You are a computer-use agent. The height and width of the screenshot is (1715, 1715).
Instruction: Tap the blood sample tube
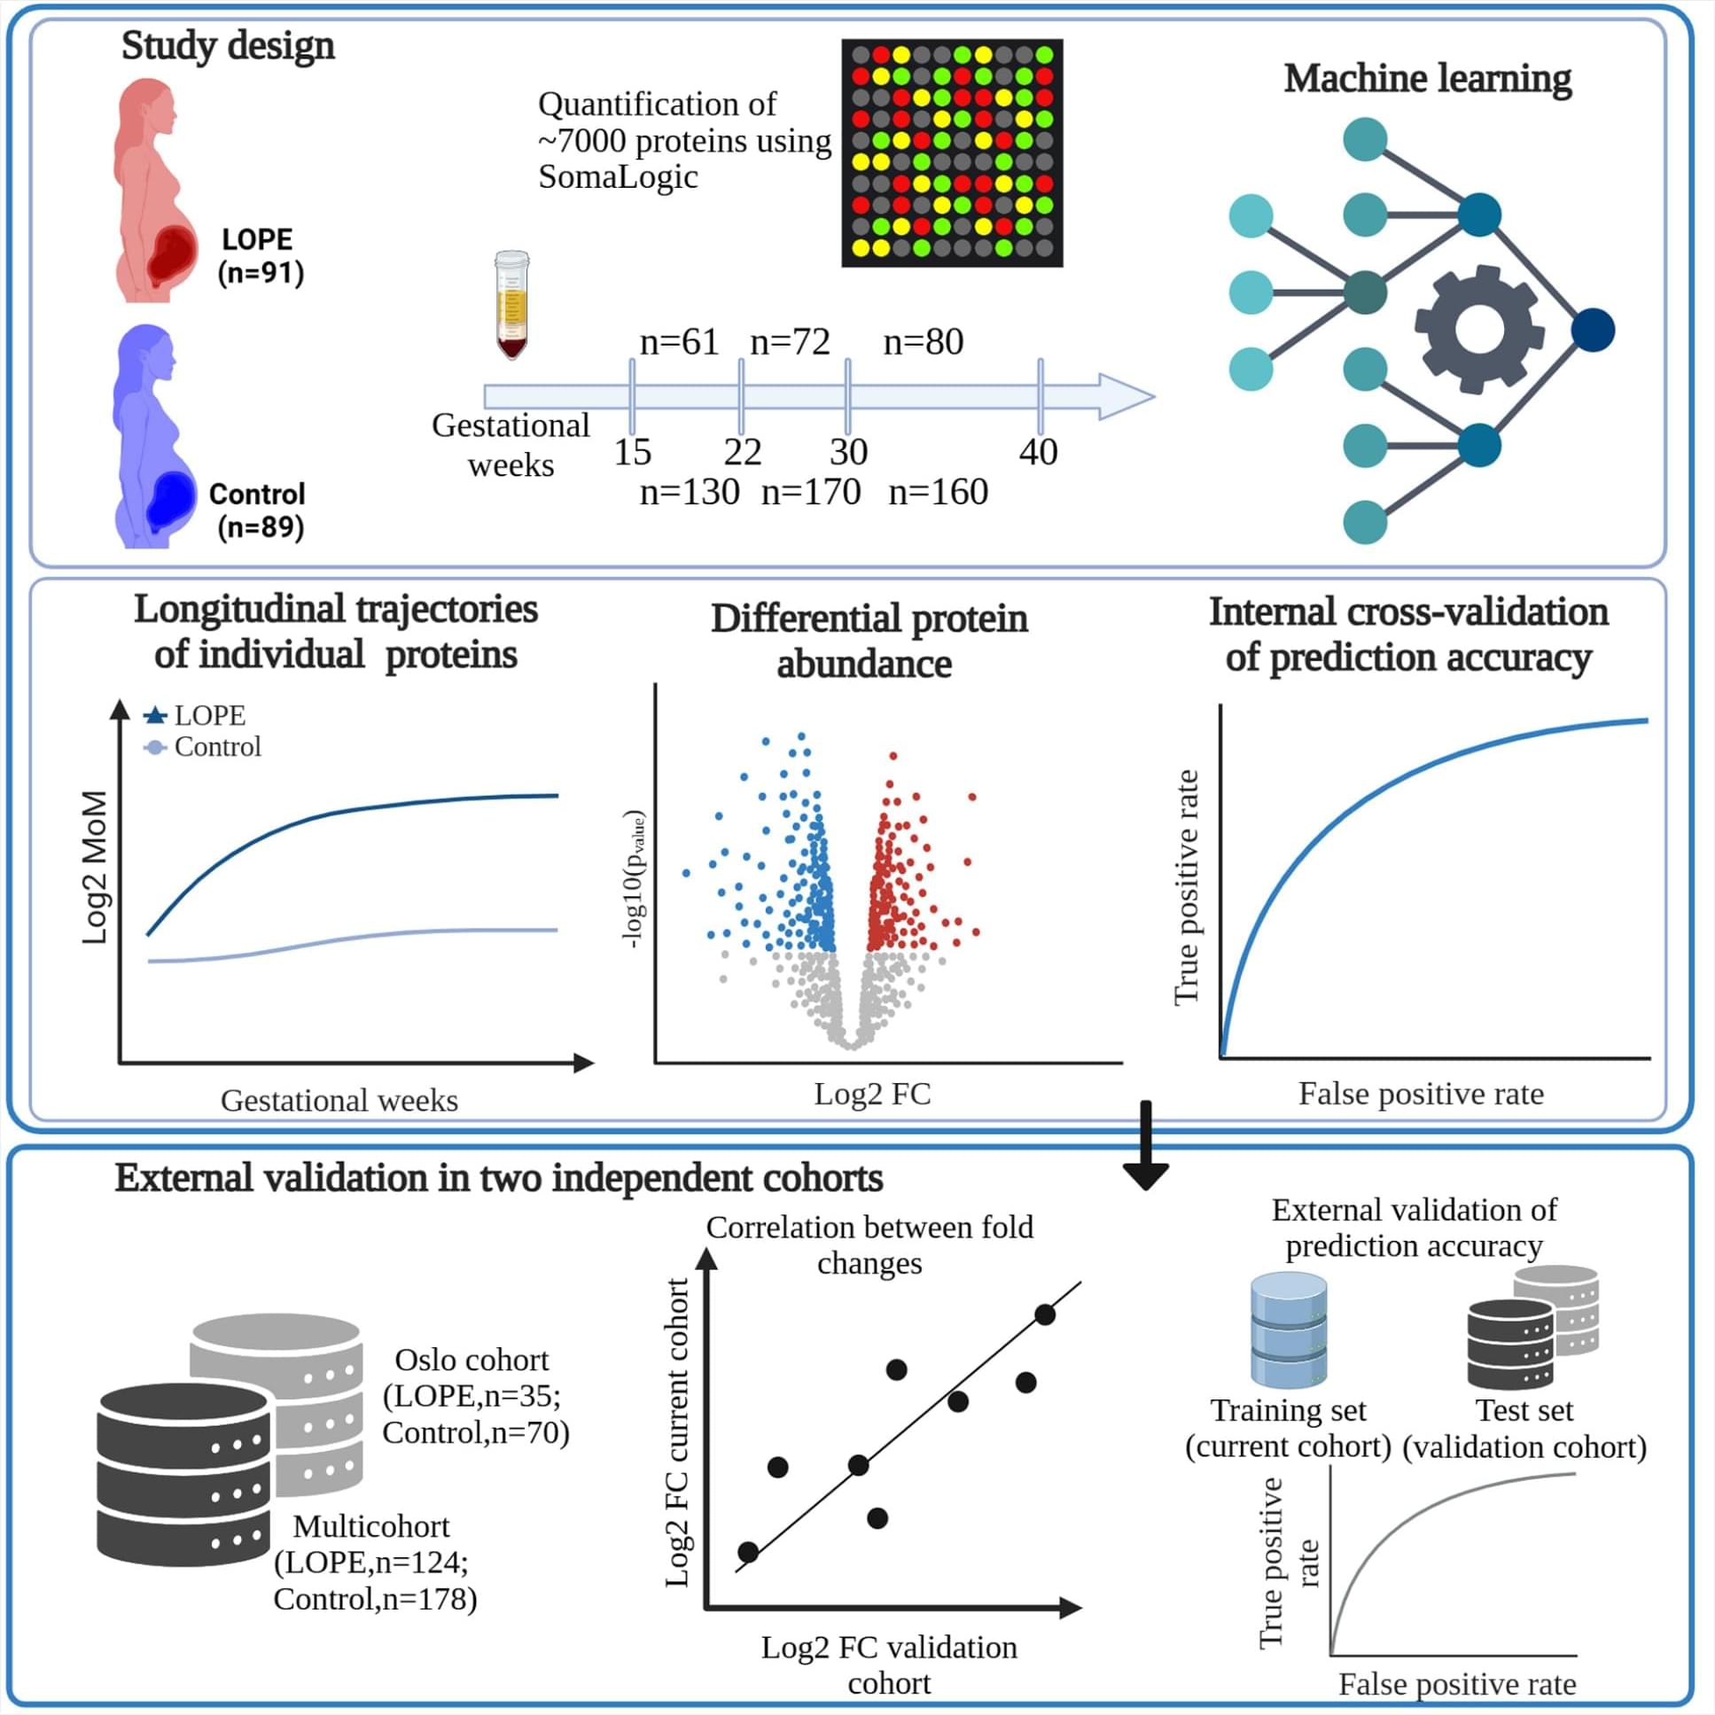coord(511,305)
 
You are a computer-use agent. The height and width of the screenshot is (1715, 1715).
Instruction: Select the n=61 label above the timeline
coord(679,342)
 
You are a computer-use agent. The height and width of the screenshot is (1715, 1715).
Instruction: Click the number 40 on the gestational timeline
coord(1038,452)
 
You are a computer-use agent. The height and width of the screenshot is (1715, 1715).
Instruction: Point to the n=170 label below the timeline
coord(810,492)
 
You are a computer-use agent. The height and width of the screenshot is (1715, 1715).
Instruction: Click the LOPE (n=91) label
coord(260,255)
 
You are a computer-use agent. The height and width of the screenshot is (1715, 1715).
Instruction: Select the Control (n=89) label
coord(257,511)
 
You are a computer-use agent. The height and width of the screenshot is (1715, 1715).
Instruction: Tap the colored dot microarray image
coord(952,152)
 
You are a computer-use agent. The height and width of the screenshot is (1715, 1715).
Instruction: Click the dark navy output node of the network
coord(1593,331)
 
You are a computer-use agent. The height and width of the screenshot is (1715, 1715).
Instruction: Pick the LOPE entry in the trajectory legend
coord(194,715)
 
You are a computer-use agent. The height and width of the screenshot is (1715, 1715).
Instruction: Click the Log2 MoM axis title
coord(94,868)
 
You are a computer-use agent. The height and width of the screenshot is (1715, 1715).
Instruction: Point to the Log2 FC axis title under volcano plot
coord(873,1094)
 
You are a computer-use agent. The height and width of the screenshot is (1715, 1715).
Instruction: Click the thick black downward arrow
coord(1145,1146)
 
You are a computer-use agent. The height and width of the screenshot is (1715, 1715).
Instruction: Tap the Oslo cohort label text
coord(472,1360)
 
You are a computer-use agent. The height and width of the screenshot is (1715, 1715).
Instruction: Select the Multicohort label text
coord(371,1526)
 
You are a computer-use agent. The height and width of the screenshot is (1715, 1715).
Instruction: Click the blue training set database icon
coord(1289,1330)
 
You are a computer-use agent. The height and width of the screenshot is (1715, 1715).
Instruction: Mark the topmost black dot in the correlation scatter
coord(1045,1314)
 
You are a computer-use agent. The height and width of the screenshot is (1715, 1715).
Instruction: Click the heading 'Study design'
coord(228,45)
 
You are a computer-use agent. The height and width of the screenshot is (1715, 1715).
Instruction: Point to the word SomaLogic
coord(618,176)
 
